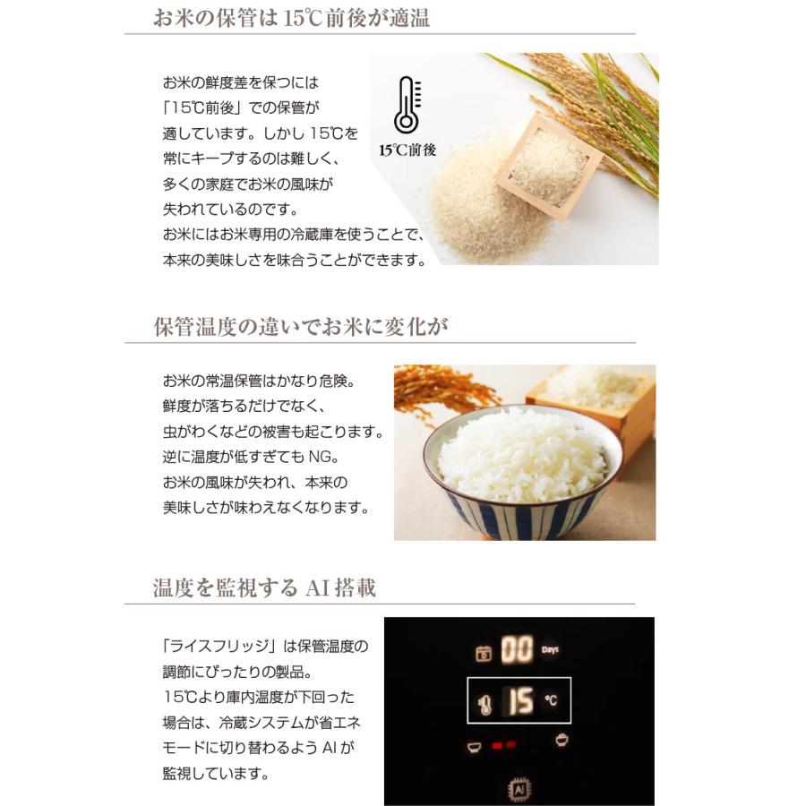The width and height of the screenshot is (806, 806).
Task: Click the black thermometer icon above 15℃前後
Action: [x=407, y=105]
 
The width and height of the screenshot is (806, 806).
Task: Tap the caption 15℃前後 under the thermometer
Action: [x=407, y=150]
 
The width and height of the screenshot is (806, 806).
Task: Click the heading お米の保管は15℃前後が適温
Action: [x=291, y=18]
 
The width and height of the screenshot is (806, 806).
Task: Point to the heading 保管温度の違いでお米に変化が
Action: [x=301, y=327]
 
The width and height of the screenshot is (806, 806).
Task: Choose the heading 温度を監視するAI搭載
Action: [x=264, y=587]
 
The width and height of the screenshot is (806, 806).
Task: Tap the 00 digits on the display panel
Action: [x=516, y=649]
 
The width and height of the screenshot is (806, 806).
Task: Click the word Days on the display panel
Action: [x=551, y=649]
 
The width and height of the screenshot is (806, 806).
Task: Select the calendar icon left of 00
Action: [x=484, y=652]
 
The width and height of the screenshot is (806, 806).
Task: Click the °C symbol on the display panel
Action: [x=551, y=700]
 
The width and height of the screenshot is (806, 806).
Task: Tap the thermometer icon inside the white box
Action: [x=485, y=703]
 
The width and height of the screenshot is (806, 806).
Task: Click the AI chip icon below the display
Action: [x=519, y=789]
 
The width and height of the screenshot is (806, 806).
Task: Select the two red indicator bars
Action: [x=503, y=744]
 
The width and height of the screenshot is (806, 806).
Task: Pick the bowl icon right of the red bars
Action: [x=562, y=740]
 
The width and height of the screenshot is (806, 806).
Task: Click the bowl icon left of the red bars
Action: [x=473, y=745]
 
